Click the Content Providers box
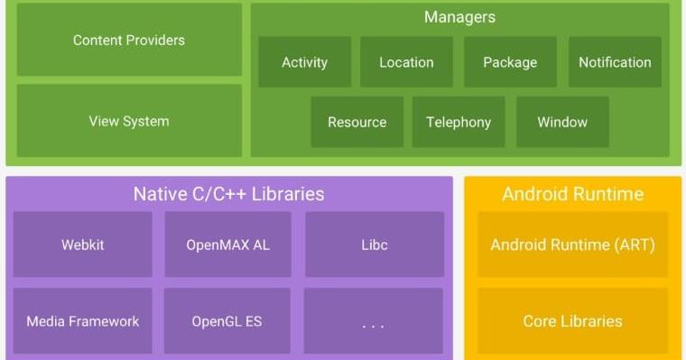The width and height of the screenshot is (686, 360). pos(129,40)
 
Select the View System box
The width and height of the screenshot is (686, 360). pos(129,121)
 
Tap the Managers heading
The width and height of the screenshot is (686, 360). pos(459,17)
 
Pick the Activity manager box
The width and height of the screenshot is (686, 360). pos(304,62)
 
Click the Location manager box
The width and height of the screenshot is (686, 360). pos(406,62)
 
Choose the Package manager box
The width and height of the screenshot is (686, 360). pos(510,62)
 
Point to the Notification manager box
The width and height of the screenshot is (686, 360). pos(615,62)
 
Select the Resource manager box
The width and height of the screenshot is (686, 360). pos(357,122)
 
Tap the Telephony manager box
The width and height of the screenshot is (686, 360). pos(459,122)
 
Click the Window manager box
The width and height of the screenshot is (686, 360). pos(562,122)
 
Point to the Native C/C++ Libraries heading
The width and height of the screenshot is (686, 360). pos(228,194)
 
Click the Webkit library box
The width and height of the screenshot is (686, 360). pos(83,245)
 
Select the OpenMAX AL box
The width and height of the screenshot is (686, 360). pos(227,245)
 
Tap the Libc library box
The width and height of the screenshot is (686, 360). pos(374,245)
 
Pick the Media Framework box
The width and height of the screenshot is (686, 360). pos(83,320)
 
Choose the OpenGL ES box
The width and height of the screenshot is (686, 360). pos(227,320)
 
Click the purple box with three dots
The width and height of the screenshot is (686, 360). pos(374,321)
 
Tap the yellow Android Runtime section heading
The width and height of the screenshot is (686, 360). pos(573,194)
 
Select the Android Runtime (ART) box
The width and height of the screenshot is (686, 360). pos(573,245)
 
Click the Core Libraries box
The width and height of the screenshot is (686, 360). pos(573,320)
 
